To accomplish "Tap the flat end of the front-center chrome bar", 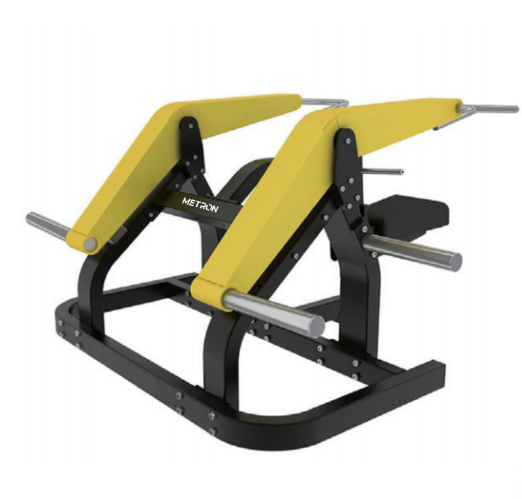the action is coord(317,326).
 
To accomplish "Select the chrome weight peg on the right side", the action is coord(412,252).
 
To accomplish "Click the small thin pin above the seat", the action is coord(382,172).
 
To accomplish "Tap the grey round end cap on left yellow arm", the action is coord(91,245).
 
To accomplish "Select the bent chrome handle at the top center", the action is coord(325,102).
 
